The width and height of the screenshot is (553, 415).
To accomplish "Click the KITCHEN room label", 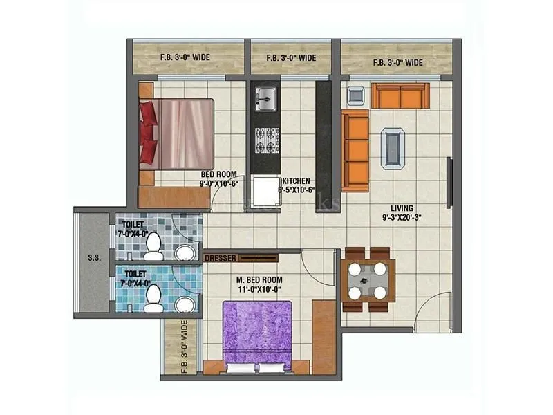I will tap(296, 182).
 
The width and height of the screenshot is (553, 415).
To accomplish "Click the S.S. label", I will tap(94, 259).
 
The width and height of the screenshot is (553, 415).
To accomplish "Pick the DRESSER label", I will tap(221, 258).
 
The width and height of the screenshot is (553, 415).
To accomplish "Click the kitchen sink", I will tap(265, 98).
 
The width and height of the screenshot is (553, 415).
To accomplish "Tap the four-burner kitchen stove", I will tap(265, 140).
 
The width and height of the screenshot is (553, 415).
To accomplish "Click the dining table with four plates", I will tap(367, 279).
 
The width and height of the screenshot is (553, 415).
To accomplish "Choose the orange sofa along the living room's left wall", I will tap(355, 150).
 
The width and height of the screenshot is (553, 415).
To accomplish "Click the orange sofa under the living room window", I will tap(400, 95).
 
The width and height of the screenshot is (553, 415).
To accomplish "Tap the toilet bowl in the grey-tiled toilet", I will tap(155, 243).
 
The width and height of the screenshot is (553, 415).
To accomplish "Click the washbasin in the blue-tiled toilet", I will tap(185, 304).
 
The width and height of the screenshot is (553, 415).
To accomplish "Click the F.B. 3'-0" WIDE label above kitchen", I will tap(291, 58).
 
